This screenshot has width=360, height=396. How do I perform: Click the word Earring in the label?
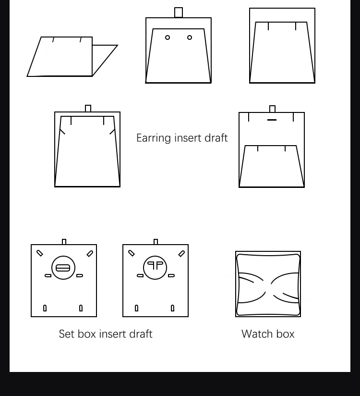(154, 138)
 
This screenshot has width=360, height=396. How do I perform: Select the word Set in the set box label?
(67, 334)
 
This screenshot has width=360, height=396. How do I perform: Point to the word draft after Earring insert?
(216, 138)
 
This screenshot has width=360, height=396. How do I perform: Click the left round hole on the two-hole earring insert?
(168, 37)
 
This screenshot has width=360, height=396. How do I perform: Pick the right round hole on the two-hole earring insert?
(190, 37)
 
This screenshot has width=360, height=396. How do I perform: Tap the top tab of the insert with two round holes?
(179, 12)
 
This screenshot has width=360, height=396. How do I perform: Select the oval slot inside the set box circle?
(63, 268)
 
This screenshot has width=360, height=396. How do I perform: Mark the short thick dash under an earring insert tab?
(272, 120)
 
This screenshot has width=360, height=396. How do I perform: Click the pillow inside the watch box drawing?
(268, 285)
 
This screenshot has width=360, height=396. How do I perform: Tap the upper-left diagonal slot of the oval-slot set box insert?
(40, 253)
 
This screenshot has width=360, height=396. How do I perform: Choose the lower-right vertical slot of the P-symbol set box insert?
(172, 308)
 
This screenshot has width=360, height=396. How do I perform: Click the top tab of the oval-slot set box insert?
(64, 242)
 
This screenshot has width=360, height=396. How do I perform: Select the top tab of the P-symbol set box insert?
(156, 242)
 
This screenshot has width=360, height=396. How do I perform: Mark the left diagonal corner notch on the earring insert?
(62, 132)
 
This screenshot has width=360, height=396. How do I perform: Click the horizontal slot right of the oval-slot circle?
(80, 275)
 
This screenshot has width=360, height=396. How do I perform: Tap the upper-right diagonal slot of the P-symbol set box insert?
(181, 253)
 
